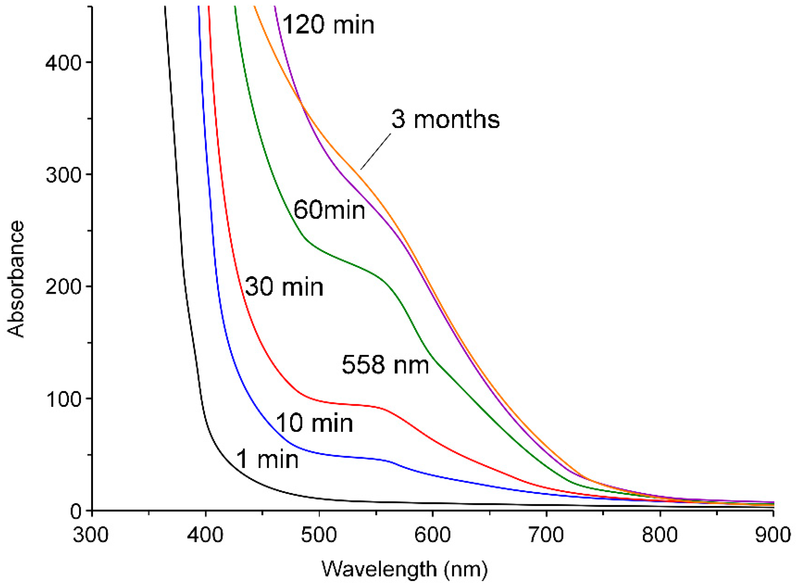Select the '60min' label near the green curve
[329, 210]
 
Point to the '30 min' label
[284, 287]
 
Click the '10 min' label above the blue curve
[314, 423]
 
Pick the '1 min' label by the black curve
[267, 459]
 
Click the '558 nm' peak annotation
[385, 365]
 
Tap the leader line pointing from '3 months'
[376, 151]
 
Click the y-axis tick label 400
[63, 63]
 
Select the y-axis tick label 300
[63, 175]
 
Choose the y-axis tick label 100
[63, 399]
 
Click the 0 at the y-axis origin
[75, 511]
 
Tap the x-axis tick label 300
[91, 535]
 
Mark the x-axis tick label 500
[319, 535]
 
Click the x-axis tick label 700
[546, 535]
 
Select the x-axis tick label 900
[773, 535]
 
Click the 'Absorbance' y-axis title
[16, 279]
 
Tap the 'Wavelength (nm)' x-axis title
[405, 569]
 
